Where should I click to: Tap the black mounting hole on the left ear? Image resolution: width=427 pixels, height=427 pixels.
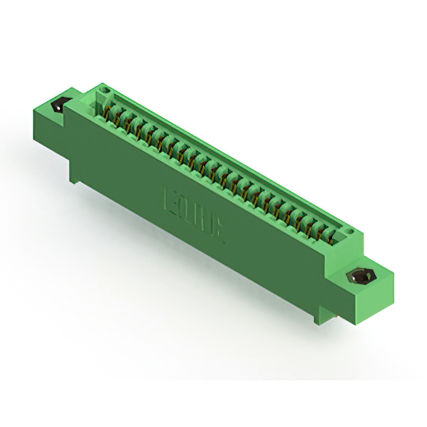(58, 105)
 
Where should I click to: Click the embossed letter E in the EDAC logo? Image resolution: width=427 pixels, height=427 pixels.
(171, 200)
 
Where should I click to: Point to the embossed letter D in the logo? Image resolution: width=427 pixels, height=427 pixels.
(187, 211)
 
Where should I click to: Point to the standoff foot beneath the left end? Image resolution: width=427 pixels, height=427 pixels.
(75, 175)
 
